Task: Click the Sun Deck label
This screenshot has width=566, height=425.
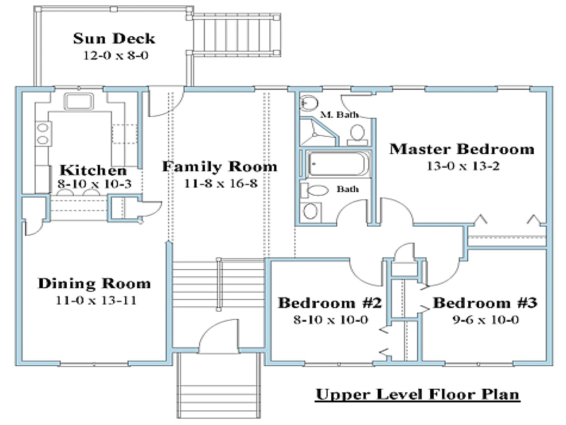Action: click(x=114, y=39)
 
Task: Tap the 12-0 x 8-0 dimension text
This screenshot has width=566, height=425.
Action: click(x=114, y=56)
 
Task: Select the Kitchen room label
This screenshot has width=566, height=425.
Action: click(x=93, y=170)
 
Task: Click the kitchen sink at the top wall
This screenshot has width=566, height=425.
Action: click(x=79, y=100)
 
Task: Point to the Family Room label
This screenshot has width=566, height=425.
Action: click(x=219, y=167)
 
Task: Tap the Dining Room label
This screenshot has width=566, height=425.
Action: click(x=94, y=283)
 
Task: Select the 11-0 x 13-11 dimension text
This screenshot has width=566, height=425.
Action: click(x=96, y=301)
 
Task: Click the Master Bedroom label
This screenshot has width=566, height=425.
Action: click(x=462, y=149)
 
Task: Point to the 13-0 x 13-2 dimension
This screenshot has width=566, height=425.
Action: click(x=463, y=166)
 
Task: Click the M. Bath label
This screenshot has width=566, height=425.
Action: click(x=339, y=115)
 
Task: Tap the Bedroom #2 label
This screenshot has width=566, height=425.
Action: click(x=329, y=303)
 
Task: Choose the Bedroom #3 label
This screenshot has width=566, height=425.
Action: click(x=485, y=303)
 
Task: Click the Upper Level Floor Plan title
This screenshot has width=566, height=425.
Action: click(x=417, y=394)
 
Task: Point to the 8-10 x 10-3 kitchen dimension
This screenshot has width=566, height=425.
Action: click(x=94, y=184)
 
